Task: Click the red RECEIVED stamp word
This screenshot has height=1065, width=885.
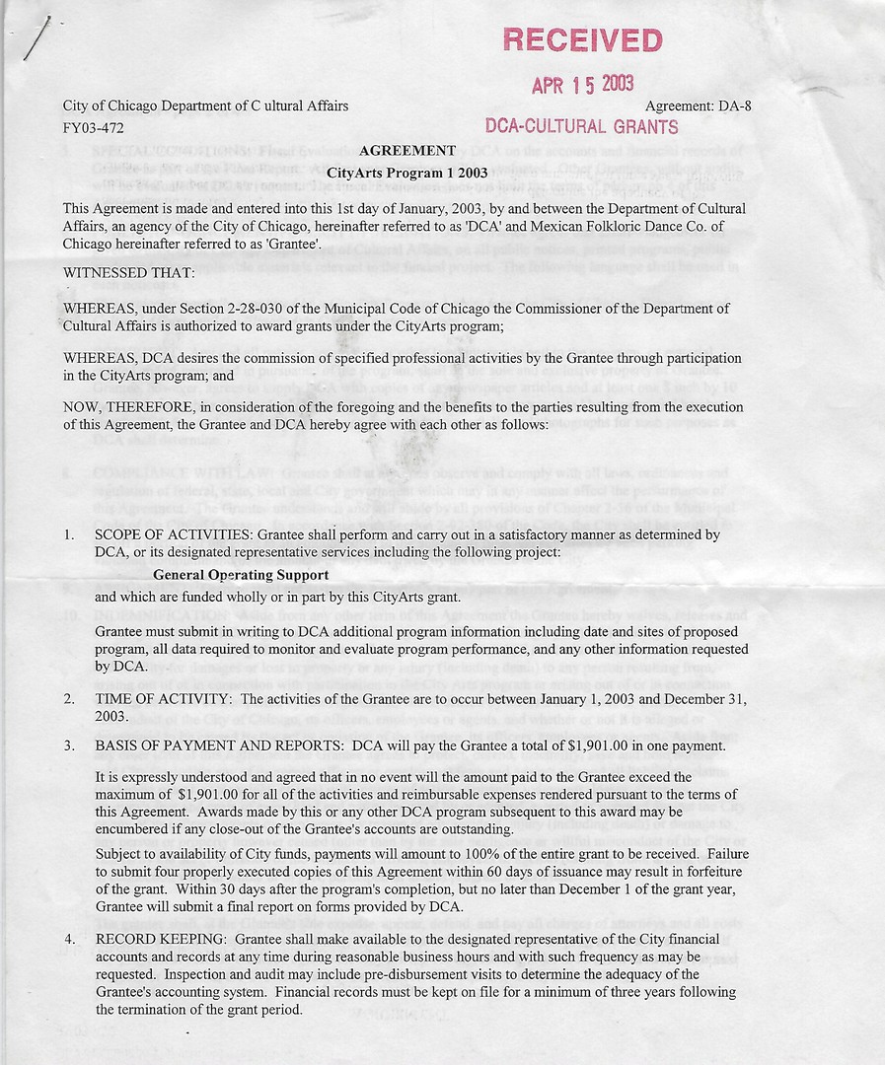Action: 582,40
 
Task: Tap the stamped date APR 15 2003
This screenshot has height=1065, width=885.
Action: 582,84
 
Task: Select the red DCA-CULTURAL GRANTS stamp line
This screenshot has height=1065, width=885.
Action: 582,126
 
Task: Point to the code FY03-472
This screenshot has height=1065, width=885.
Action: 94,127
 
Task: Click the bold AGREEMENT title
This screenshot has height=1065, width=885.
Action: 407,151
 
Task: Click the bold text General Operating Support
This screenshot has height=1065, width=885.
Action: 241,575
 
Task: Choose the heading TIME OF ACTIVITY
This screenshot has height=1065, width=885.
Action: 164,699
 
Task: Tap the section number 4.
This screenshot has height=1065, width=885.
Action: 69,940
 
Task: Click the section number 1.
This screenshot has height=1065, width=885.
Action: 69,534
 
